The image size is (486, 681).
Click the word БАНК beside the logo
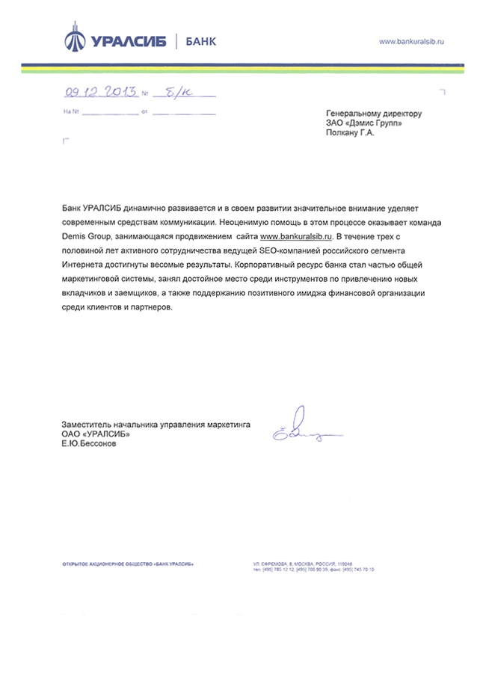tap(200, 41)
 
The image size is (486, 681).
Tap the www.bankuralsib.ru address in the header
tap(412, 41)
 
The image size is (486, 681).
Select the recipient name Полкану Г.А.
tap(349, 134)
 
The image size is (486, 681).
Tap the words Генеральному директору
tap(373, 114)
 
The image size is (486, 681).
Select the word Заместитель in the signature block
tap(87, 425)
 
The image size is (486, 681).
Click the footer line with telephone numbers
tap(313, 570)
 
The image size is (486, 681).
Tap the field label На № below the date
tap(72, 111)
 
